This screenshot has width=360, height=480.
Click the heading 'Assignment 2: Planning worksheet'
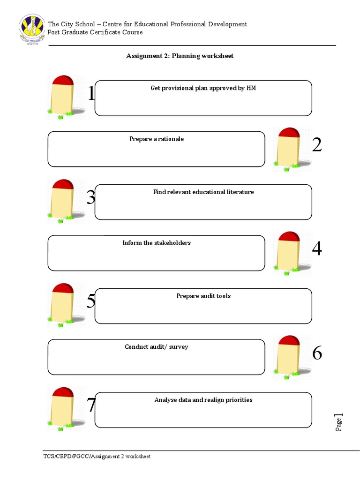click(x=180, y=56)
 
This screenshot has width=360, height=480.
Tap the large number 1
click(x=91, y=94)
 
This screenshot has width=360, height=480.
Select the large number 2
click(x=317, y=145)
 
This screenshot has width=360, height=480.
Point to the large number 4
click(x=317, y=249)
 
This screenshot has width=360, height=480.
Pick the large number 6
click(x=317, y=353)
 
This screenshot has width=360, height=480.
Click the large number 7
click(x=91, y=405)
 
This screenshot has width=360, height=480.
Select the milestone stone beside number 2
click(x=288, y=148)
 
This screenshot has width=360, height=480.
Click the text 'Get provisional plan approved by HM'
click(x=203, y=88)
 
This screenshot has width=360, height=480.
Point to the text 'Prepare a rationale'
click(x=157, y=139)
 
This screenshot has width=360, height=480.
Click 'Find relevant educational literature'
click(x=203, y=192)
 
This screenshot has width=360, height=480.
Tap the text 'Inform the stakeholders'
click(x=157, y=243)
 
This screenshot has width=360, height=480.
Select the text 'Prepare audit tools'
click(x=203, y=296)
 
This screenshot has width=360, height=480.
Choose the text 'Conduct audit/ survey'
click(x=157, y=347)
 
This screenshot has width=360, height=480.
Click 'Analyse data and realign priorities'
click(x=203, y=400)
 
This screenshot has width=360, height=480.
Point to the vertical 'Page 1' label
click(x=339, y=422)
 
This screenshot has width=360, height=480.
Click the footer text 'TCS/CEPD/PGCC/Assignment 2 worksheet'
click(x=97, y=457)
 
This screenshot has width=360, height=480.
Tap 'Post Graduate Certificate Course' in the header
click(x=95, y=32)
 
